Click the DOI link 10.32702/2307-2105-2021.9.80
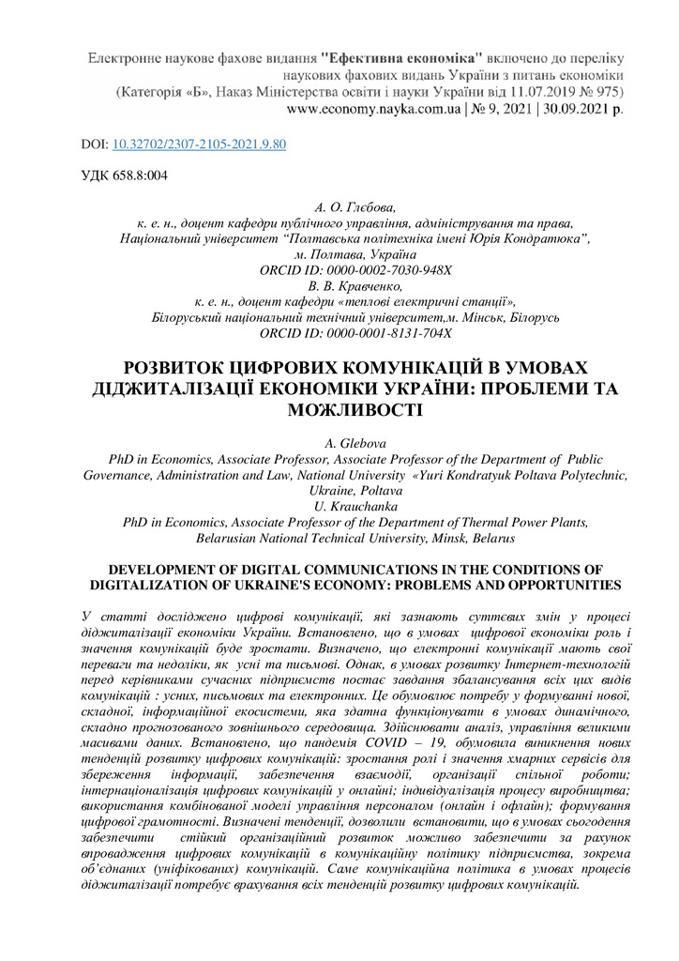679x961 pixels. (x=199, y=145)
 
